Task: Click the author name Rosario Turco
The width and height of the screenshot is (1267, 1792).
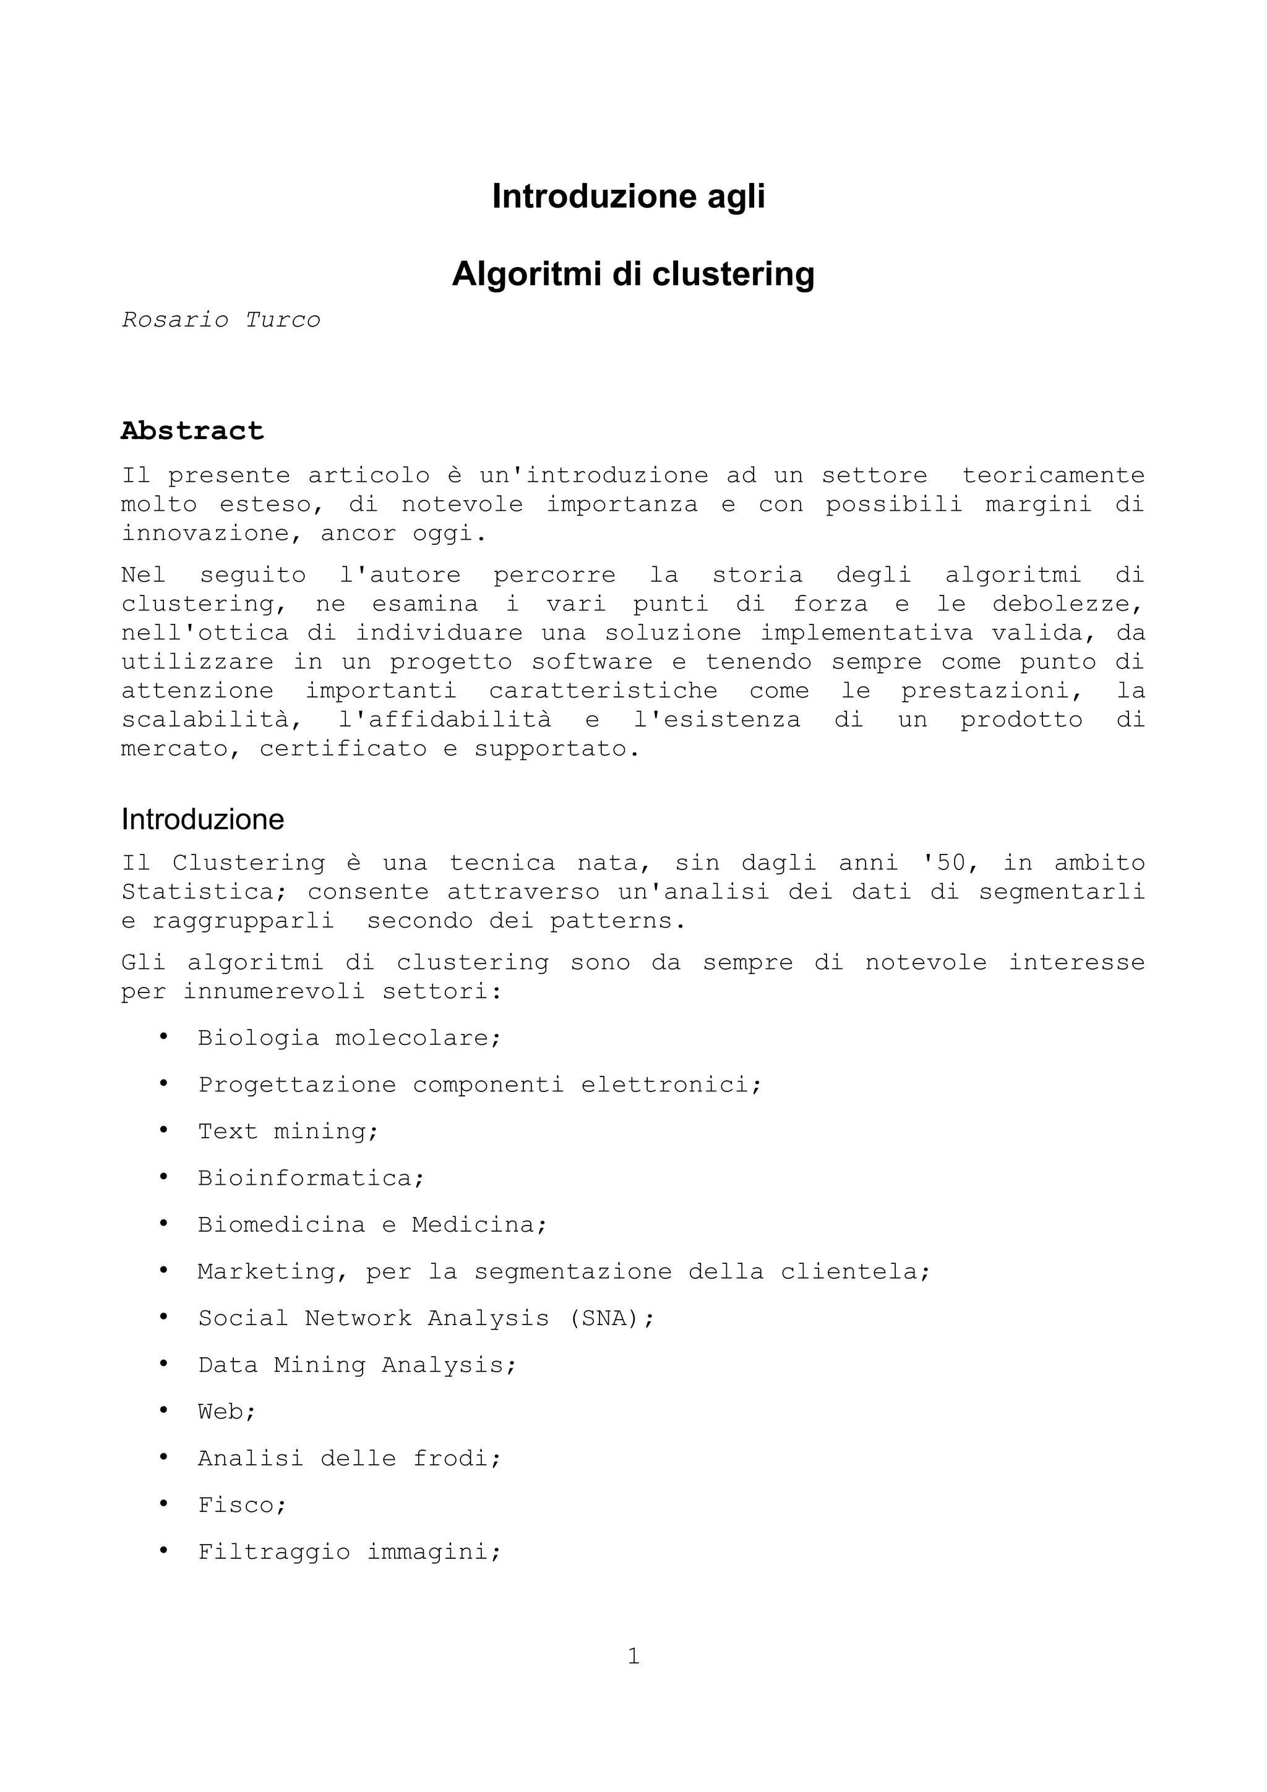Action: (x=221, y=320)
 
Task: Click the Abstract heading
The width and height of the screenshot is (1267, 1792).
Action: (x=192, y=431)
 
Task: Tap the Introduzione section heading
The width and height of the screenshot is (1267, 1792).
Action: (x=202, y=819)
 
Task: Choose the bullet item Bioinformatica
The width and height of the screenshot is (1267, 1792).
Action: (x=311, y=1178)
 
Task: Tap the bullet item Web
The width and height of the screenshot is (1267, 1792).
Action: (x=226, y=1411)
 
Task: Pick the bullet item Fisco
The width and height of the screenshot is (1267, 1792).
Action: (x=242, y=1505)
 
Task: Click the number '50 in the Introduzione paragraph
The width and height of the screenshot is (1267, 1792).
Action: (x=945, y=863)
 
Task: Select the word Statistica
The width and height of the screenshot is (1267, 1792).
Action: (x=205, y=892)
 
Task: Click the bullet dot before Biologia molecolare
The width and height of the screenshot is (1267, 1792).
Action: (x=163, y=1037)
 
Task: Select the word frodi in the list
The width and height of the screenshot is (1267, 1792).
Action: (x=457, y=1458)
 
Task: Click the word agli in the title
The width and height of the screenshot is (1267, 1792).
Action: (x=736, y=197)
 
